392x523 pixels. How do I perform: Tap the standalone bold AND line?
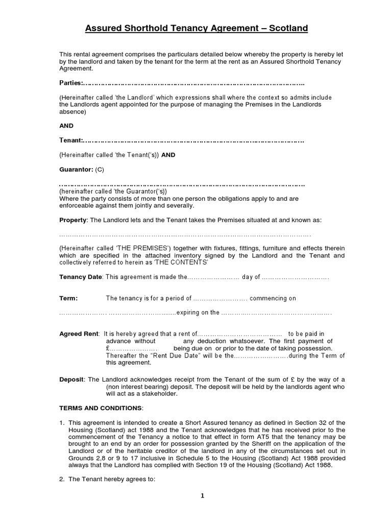tap(66, 126)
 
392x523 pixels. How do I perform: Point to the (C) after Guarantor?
tap(100, 169)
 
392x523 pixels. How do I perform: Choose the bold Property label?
tap(73, 220)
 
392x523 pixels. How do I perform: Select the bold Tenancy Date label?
tap(81, 277)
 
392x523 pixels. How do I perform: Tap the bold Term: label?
tap(68, 298)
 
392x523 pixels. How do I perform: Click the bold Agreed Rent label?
tap(79, 334)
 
